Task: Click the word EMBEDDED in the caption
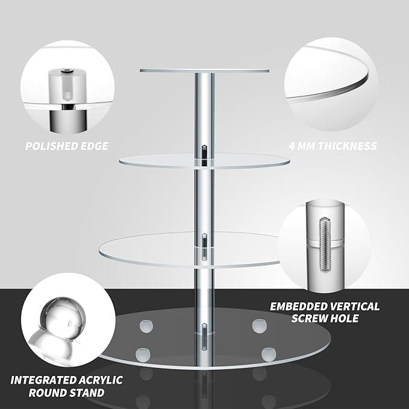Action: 298,307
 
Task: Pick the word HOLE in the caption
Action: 345,319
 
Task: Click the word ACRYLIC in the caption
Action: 102,380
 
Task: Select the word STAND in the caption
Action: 87,393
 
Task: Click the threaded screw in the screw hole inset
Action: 325,245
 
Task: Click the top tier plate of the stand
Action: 204,70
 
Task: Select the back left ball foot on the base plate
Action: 146,326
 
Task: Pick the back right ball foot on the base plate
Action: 259,326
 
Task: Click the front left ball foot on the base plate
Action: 143,354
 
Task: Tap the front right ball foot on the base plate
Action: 269,354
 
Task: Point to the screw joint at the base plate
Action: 205,337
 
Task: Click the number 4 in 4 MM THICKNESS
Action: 292,146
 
